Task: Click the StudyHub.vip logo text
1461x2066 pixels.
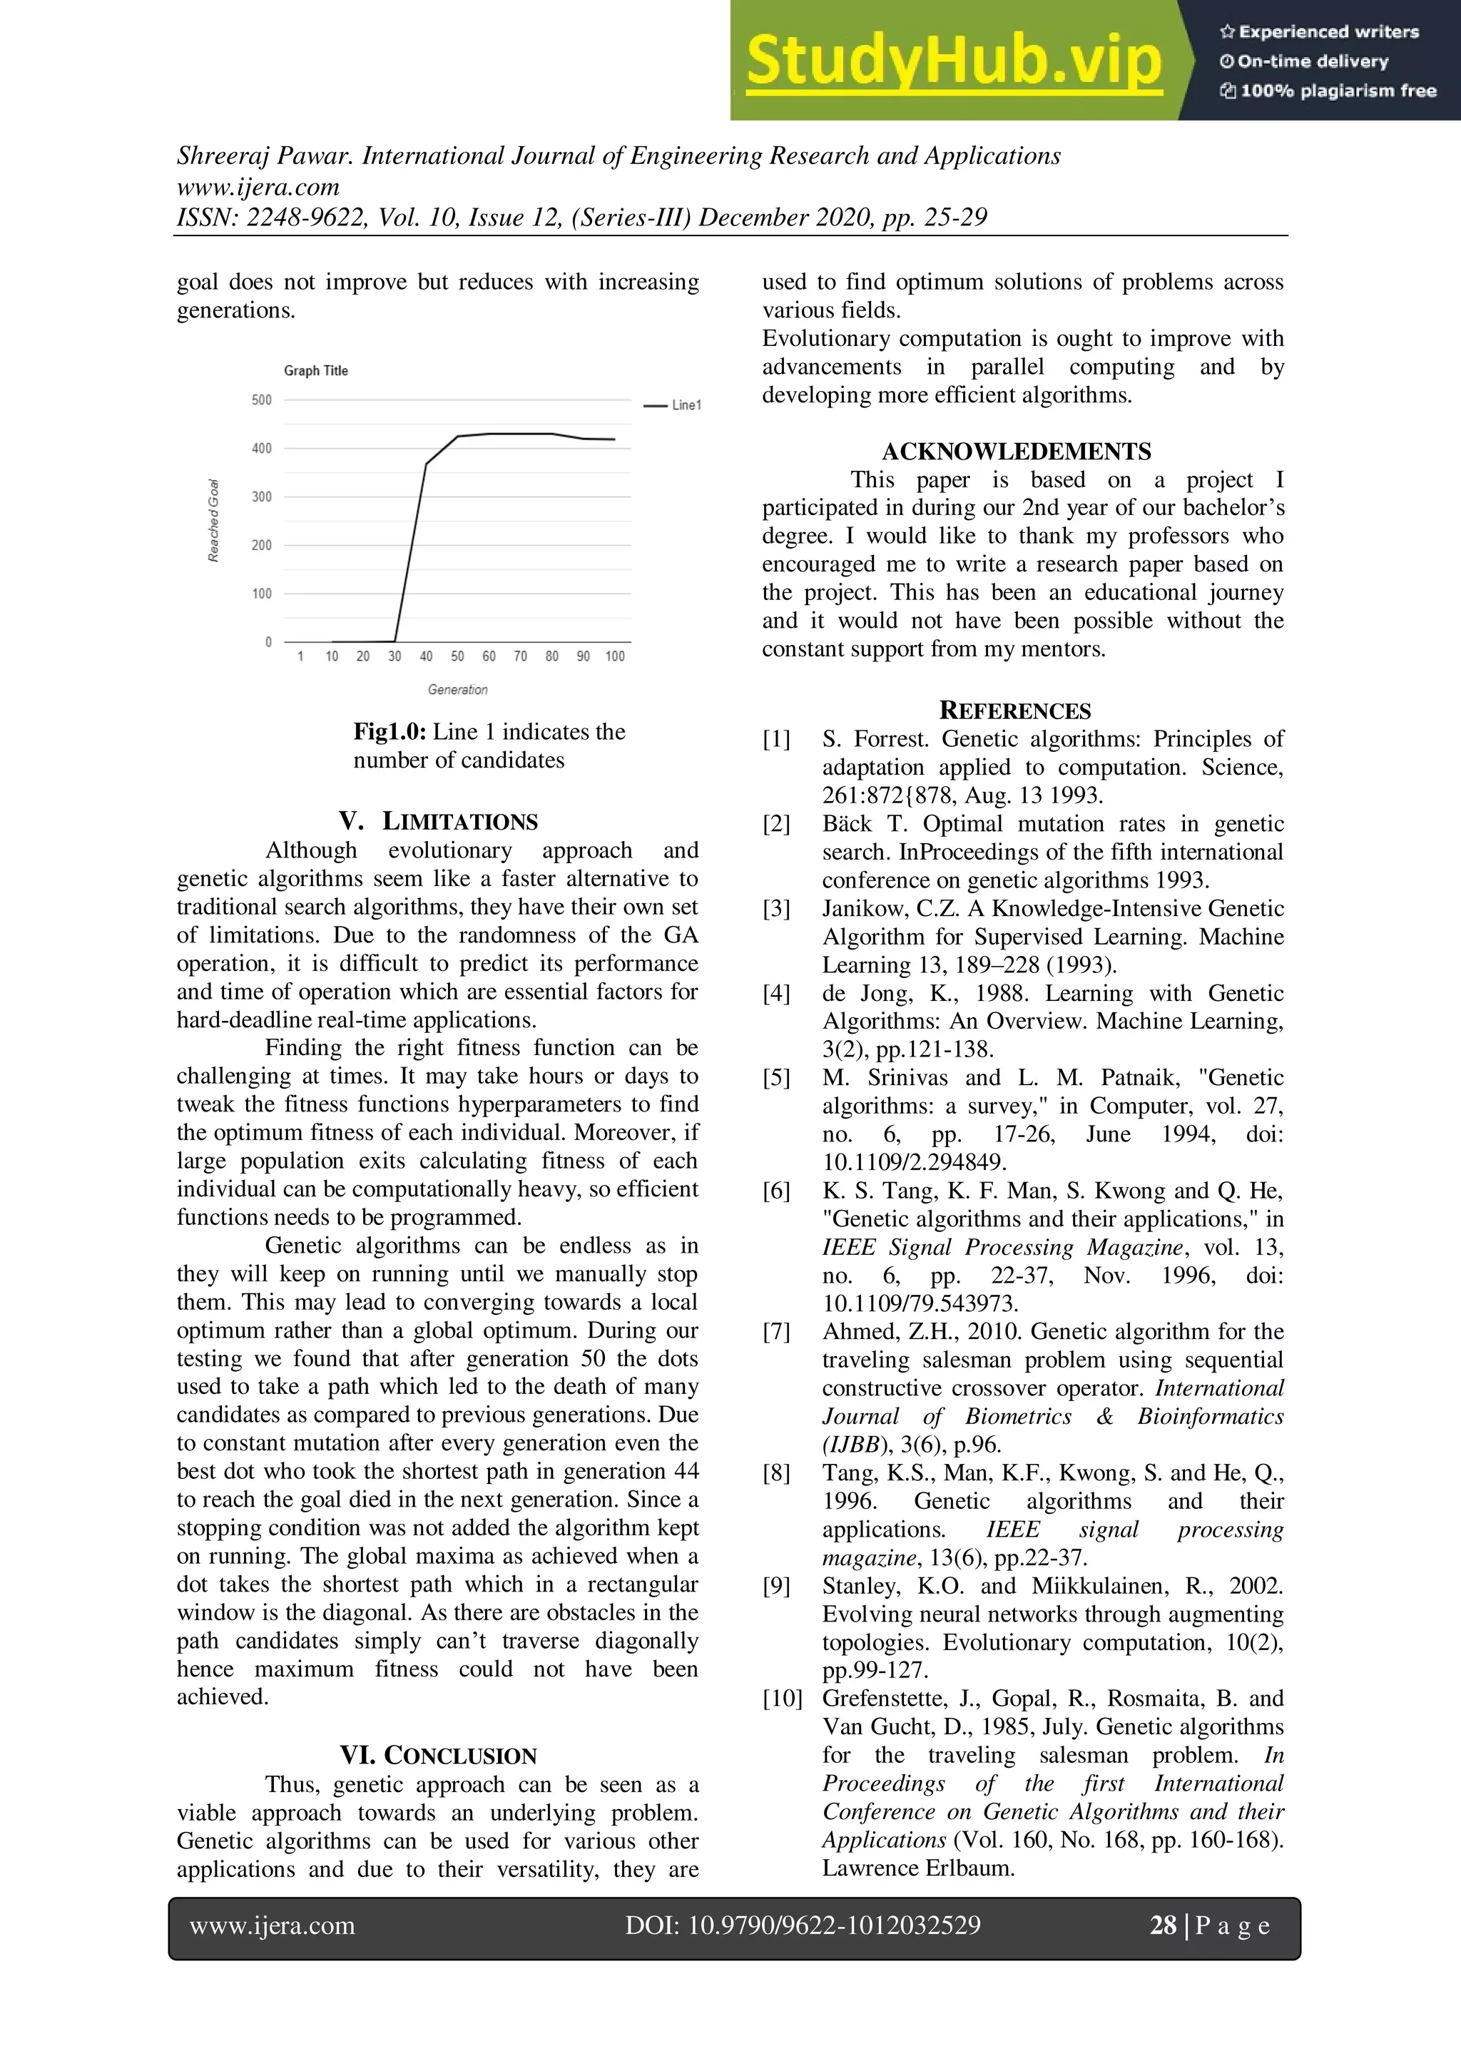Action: (x=954, y=61)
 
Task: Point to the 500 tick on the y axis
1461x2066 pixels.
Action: (x=261, y=400)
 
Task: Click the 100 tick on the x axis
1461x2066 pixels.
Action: (x=614, y=657)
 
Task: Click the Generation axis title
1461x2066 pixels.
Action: (x=457, y=690)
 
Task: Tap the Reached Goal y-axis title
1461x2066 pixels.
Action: (x=214, y=521)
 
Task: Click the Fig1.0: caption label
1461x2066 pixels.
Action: (x=389, y=731)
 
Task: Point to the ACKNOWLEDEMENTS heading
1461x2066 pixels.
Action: (x=1016, y=452)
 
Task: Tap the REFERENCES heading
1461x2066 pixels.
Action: (x=1015, y=711)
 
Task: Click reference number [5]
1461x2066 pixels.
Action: (x=776, y=1078)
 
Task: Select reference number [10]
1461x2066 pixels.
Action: (x=782, y=1699)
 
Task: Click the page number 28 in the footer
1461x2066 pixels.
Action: (x=1162, y=1925)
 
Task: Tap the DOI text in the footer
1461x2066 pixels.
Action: (x=803, y=1925)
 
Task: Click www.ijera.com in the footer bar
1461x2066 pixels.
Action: (x=272, y=1925)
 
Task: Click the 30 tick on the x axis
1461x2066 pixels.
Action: (x=394, y=657)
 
